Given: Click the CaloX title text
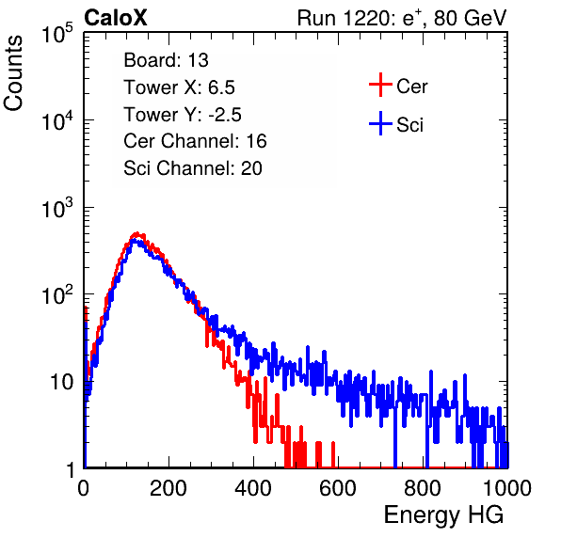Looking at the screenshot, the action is click(x=115, y=18).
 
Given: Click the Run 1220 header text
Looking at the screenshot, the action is click(x=402, y=18).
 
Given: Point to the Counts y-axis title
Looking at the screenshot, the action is click(x=13, y=73).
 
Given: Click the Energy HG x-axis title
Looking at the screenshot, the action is click(x=443, y=515).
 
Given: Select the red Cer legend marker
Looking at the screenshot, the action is click(x=380, y=85).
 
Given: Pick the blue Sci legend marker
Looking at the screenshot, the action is click(x=380, y=124).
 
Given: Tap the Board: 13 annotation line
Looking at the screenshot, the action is click(x=166, y=60).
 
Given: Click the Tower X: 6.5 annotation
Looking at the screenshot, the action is click(x=179, y=87).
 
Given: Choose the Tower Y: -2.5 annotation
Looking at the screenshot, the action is click(x=183, y=115).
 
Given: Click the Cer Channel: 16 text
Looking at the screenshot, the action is click(x=195, y=141).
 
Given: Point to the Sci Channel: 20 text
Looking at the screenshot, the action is click(x=193, y=168).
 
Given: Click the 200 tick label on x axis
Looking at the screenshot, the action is click(x=168, y=488).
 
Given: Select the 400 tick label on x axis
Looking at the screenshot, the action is click(x=253, y=488).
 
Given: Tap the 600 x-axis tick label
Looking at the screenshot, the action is click(x=338, y=488).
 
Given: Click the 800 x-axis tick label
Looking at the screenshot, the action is click(x=423, y=488).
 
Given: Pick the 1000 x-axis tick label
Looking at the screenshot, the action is click(x=507, y=488).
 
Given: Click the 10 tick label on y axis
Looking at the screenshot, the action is click(x=61, y=382).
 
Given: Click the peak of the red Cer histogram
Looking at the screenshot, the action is click(x=136, y=233).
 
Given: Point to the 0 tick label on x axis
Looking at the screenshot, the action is click(x=84, y=488).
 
